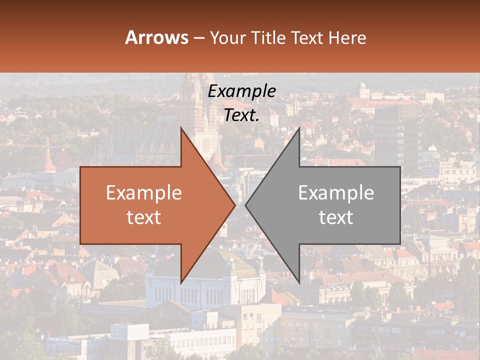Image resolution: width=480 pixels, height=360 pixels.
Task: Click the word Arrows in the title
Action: pyautogui.click(x=157, y=37)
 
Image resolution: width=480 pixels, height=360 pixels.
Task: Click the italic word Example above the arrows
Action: pyautogui.click(x=242, y=91)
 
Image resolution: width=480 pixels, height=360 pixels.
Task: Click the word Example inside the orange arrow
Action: pyautogui.click(x=144, y=193)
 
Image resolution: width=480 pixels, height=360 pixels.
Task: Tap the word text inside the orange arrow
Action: pyautogui.click(x=144, y=217)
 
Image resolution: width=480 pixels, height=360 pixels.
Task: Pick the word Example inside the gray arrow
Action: pyautogui.click(x=336, y=193)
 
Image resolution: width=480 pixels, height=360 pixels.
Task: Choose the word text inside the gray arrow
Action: pyautogui.click(x=336, y=217)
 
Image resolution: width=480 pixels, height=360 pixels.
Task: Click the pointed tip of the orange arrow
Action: pyautogui.click(x=235, y=205)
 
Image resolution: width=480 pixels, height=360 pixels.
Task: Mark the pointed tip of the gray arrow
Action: pyautogui.click(x=245, y=205)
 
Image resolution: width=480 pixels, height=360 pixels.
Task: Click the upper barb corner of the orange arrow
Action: pyautogui.click(x=181, y=127)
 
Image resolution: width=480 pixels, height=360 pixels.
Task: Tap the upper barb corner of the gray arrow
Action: pyautogui.click(x=299, y=127)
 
